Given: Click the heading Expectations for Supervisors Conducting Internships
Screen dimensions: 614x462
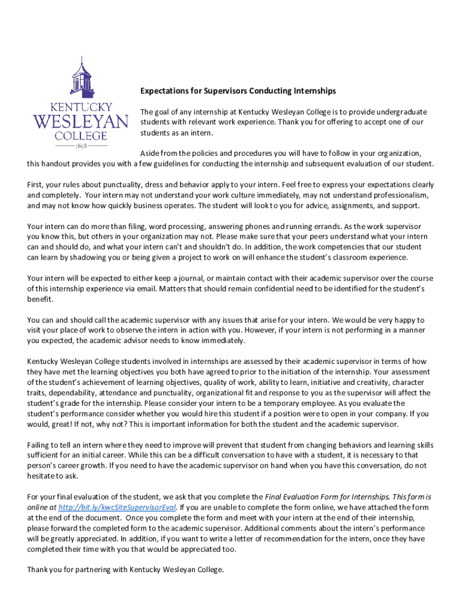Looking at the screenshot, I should pos(238,91).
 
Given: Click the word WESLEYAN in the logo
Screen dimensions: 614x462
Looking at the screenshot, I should pos(80,122).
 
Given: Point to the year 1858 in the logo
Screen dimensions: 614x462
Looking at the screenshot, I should pos(80,146).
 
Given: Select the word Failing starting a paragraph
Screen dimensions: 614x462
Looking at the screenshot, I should pos(40,445).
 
